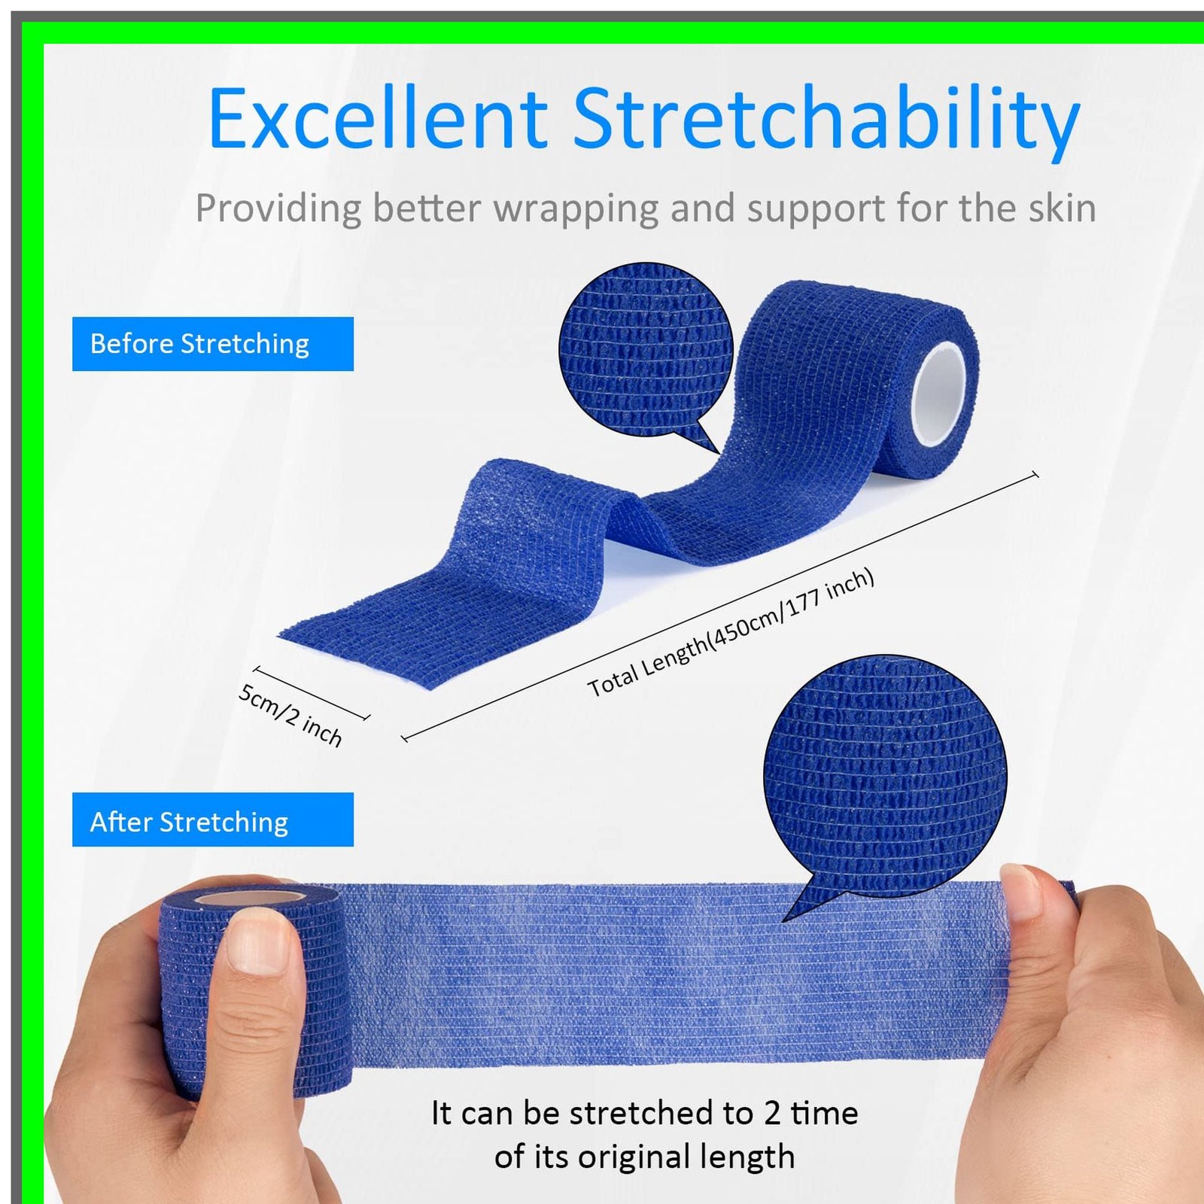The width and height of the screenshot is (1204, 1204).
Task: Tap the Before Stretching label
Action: tap(213, 344)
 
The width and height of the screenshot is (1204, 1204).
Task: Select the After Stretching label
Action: tap(213, 819)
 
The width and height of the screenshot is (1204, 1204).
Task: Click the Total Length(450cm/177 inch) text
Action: tap(731, 633)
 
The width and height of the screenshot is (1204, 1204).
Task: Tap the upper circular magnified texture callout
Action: tap(646, 350)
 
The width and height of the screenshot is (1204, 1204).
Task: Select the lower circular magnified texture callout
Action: tap(885, 775)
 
